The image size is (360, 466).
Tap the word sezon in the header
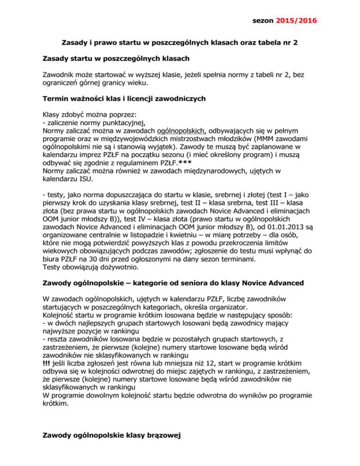266,21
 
